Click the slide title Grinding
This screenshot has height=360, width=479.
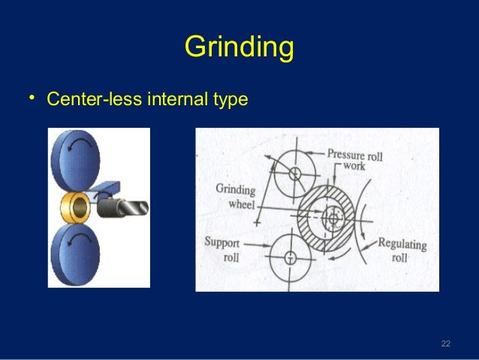coord(239,47)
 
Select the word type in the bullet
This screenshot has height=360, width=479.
coord(230,99)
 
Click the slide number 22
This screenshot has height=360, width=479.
coord(445,343)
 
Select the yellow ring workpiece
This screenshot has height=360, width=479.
coord(74,205)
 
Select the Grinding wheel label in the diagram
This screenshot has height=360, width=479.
coord(236,196)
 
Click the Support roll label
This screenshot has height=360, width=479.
coord(221,249)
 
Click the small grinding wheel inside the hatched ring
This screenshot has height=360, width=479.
coord(331,219)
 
